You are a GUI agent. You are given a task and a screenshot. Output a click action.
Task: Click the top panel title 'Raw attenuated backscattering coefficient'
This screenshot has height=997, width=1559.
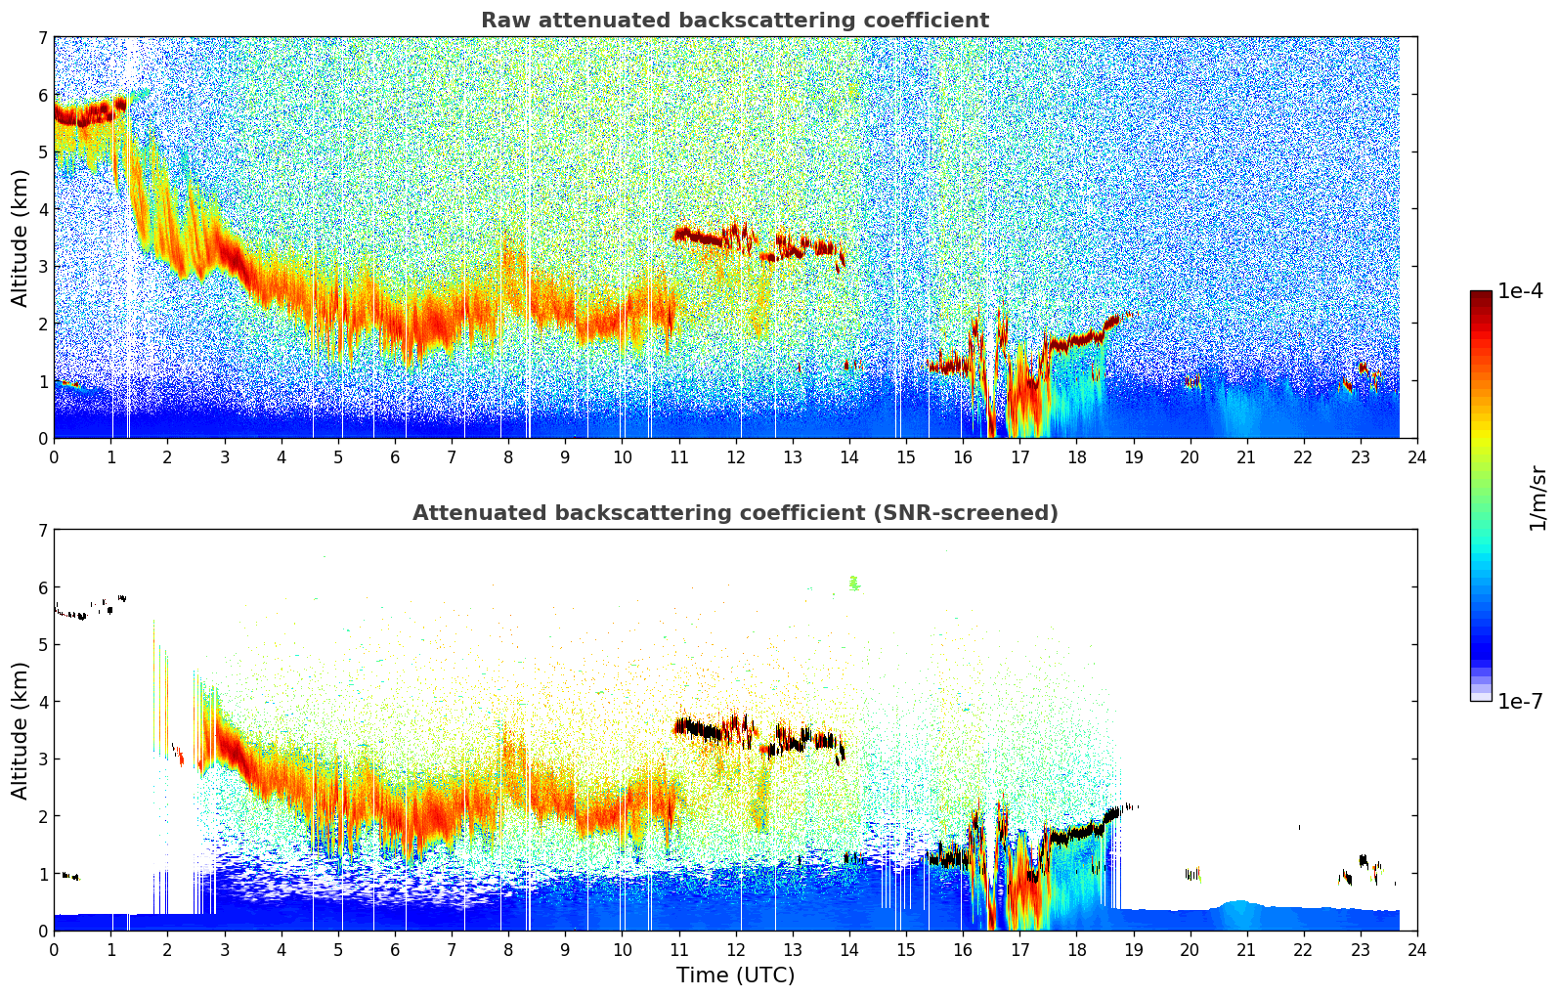pyautogui.click(x=734, y=21)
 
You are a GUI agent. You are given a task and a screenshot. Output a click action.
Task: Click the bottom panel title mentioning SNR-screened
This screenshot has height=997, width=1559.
pyautogui.click(x=734, y=513)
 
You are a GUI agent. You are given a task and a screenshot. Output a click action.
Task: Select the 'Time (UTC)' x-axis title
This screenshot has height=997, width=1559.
pyautogui.click(x=735, y=975)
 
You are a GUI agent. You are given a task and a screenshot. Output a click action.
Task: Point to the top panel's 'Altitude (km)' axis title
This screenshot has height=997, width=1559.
pyautogui.click(x=20, y=238)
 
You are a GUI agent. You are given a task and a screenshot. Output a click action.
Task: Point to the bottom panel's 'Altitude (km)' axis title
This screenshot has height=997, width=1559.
pyautogui.click(x=20, y=730)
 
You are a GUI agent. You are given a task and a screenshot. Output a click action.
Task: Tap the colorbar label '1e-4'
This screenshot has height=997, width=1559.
pyautogui.click(x=1520, y=291)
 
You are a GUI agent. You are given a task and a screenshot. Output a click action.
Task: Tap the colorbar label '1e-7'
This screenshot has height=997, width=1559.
pyautogui.click(x=1520, y=702)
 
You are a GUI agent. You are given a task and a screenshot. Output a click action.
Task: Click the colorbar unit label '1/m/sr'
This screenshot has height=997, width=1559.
pyautogui.click(x=1537, y=497)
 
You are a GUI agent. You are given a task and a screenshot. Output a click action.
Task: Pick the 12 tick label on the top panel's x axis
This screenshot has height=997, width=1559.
pyautogui.click(x=735, y=456)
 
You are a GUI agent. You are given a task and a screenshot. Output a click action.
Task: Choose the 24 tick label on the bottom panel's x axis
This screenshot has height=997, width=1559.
pyautogui.click(x=1416, y=949)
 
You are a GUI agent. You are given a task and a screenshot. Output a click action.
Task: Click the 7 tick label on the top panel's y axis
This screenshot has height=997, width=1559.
pyautogui.click(x=42, y=38)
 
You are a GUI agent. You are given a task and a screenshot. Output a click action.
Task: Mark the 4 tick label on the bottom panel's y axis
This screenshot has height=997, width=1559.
pyautogui.click(x=42, y=702)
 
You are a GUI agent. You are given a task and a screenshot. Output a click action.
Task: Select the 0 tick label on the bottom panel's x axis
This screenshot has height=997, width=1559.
pyautogui.click(x=54, y=949)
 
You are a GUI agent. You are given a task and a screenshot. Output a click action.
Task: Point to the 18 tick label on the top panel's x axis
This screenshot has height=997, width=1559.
pyautogui.click(x=1076, y=456)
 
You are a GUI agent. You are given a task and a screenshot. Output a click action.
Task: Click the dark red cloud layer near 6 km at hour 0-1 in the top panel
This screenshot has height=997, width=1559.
pyautogui.click(x=83, y=115)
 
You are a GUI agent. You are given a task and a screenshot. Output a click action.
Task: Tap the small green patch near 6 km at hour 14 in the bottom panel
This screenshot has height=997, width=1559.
pyautogui.click(x=853, y=584)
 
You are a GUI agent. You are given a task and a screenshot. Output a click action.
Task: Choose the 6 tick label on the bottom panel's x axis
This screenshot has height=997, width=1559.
pyautogui.click(x=395, y=949)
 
